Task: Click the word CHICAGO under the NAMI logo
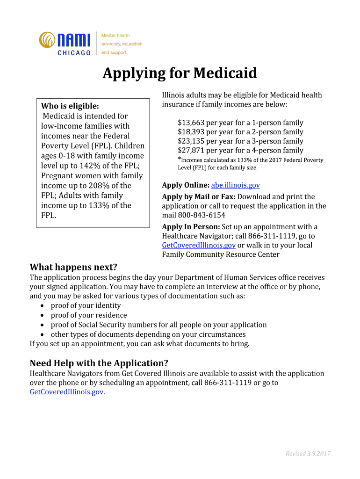74,53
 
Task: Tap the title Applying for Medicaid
180,73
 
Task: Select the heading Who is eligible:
70,106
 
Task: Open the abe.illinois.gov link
236,185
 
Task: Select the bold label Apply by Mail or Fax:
199,197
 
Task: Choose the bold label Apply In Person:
191,227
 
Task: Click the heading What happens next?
73,267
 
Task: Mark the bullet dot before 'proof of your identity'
43,306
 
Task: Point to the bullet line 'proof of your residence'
89,315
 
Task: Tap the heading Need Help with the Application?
99,363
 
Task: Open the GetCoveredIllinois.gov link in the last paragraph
66,392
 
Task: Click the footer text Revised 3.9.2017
308,454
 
